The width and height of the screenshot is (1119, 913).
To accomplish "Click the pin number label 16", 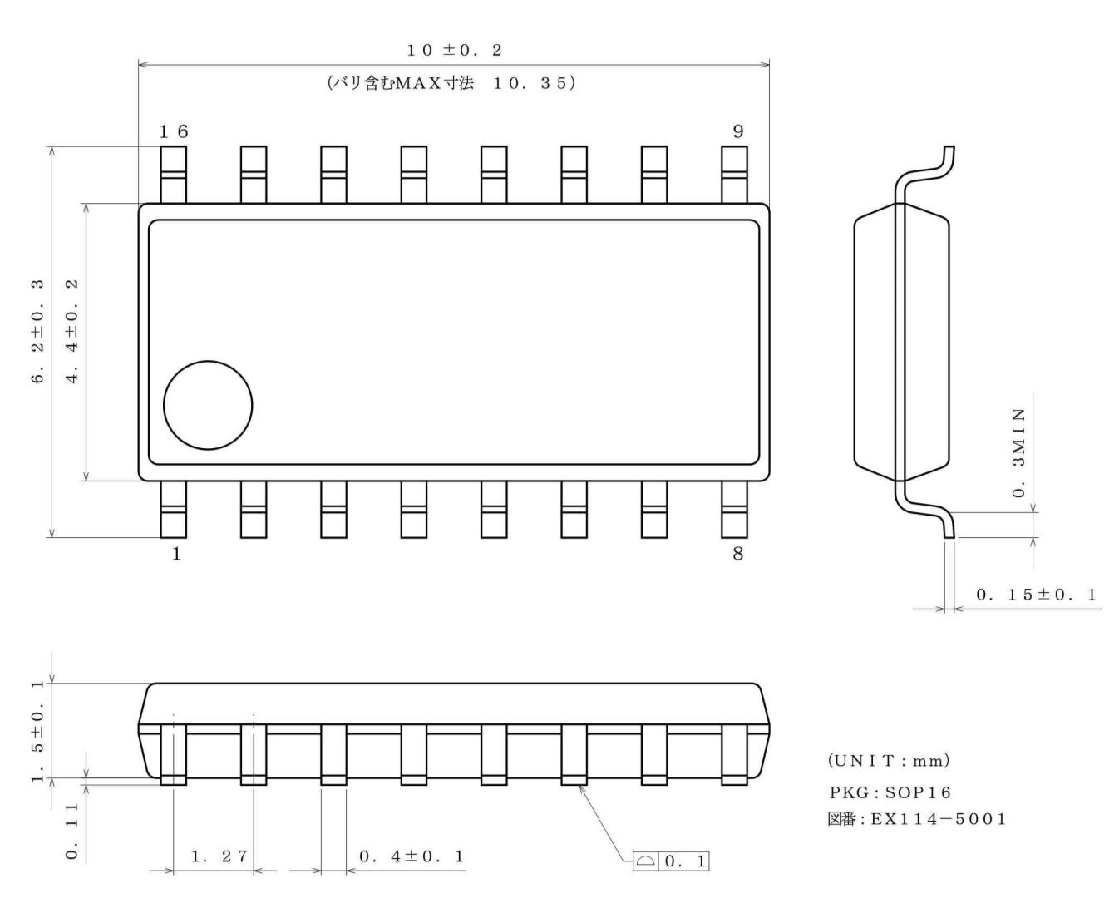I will pyautogui.click(x=174, y=131).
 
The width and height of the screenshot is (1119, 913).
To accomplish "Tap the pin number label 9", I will pyautogui.click(x=738, y=131).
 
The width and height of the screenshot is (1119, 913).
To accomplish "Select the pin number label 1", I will pyautogui.click(x=176, y=554).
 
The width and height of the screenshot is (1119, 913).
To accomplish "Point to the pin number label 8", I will pyautogui.click(x=737, y=554).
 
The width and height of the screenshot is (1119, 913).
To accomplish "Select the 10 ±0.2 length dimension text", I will pyautogui.click(x=454, y=51).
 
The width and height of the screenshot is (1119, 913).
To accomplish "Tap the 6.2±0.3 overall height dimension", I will pyautogui.click(x=37, y=330).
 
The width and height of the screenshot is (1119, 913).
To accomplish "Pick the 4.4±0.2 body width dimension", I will pyautogui.click(x=72, y=330).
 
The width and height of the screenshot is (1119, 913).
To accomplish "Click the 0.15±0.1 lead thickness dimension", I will pyautogui.click(x=1036, y=595).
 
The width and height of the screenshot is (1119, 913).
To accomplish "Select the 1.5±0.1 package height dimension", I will pyautogui.click(x=37, y=731).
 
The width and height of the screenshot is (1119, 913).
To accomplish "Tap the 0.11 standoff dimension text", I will pyautogui.click(x=72, y=832).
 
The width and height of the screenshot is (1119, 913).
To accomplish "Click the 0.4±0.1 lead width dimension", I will pyautogui.click(x=412, y=856).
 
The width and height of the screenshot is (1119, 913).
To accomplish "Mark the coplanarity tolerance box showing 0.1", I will pyautogui.click(x=671, y=861).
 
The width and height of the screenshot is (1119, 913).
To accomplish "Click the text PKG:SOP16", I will pyautogui.click(x=890, y=792).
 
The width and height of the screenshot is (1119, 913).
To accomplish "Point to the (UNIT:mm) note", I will pyautogui.click(x=888, y=762).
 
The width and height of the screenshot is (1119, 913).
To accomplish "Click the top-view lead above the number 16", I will pyautogui.click(x=173, y=174).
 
